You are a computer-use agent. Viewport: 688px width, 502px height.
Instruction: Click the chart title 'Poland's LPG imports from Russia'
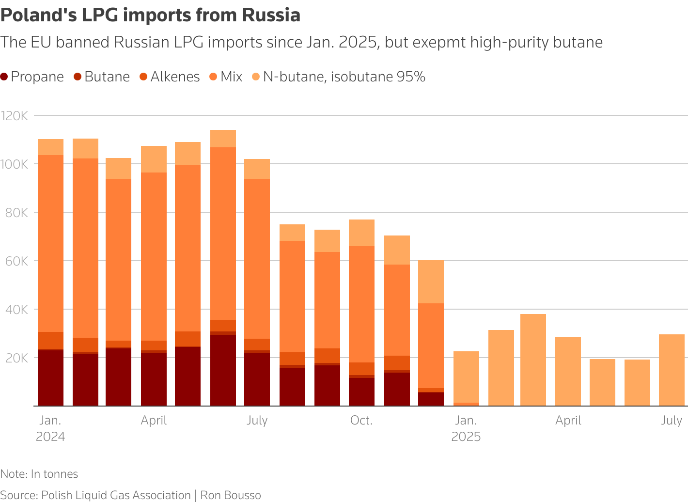[150, 16]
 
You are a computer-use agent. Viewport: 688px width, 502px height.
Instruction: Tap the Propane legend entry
[32, 77]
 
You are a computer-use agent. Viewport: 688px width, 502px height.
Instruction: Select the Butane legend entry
[102, 77]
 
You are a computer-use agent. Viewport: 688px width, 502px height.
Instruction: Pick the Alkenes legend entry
[170, 77]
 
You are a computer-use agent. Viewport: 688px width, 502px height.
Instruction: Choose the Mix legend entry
[226, 77]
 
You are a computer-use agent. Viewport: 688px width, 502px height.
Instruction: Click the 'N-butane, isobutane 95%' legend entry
[339, 77]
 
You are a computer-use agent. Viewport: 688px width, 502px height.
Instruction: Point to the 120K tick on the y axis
[16, 116]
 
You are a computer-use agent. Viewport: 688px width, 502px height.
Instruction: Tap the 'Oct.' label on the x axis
[361, 421]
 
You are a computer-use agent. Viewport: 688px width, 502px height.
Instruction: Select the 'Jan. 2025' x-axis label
[466, 428]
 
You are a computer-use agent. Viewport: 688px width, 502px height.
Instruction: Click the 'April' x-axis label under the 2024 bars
[154, 421]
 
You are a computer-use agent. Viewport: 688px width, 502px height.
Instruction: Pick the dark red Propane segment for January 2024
[50, 378]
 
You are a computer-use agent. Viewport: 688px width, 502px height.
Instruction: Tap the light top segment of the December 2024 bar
[431, 282]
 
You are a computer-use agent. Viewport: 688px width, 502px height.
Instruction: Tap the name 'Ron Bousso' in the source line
[231, 495]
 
